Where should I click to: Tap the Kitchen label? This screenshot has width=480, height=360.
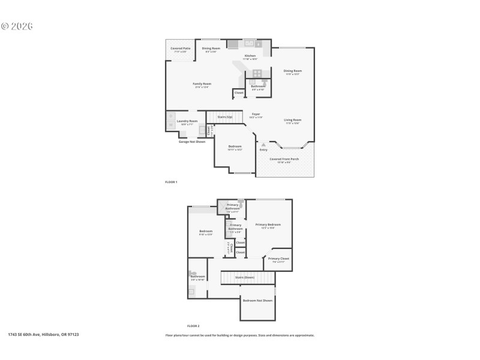[250, 56]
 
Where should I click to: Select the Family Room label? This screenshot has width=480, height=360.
[202, 84]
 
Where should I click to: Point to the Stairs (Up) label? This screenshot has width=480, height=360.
[224, 116]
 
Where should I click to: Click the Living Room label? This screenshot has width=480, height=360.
[293, 120]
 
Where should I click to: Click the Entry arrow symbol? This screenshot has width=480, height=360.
[263, 145]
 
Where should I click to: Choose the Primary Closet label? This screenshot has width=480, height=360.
[278, 259]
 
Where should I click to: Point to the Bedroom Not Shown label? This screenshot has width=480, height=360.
[257, 300]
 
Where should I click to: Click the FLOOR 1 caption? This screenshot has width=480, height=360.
[172, 181]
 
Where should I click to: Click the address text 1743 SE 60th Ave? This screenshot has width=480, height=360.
[43, 334]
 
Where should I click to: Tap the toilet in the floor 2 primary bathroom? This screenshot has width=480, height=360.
[241, 203]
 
